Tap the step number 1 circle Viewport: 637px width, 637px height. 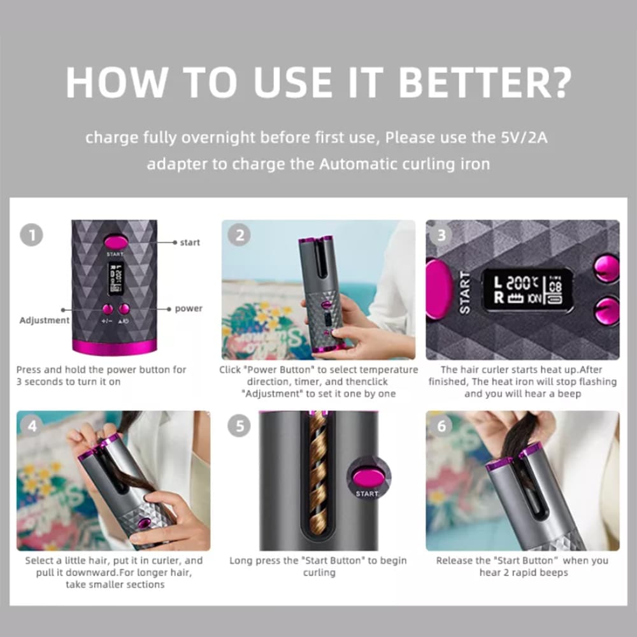pos(31,235)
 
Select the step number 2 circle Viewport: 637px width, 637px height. pos(240,235)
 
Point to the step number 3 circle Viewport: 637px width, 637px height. pos(441,235)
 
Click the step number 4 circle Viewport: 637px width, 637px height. pos(32,426)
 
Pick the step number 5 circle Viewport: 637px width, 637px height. pos(240,426)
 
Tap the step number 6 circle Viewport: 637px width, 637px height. pos(441,426)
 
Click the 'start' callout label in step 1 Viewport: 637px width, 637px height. pos(190,243)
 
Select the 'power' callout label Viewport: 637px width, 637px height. pos(189,309)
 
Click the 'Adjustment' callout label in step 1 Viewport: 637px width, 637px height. pos(45,320)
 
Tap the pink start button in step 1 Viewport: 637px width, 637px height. pos(116,243)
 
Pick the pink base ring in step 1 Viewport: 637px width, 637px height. pos(114,347)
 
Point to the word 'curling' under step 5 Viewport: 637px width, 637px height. pos(319,573)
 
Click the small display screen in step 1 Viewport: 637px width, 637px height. pos(116,279)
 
